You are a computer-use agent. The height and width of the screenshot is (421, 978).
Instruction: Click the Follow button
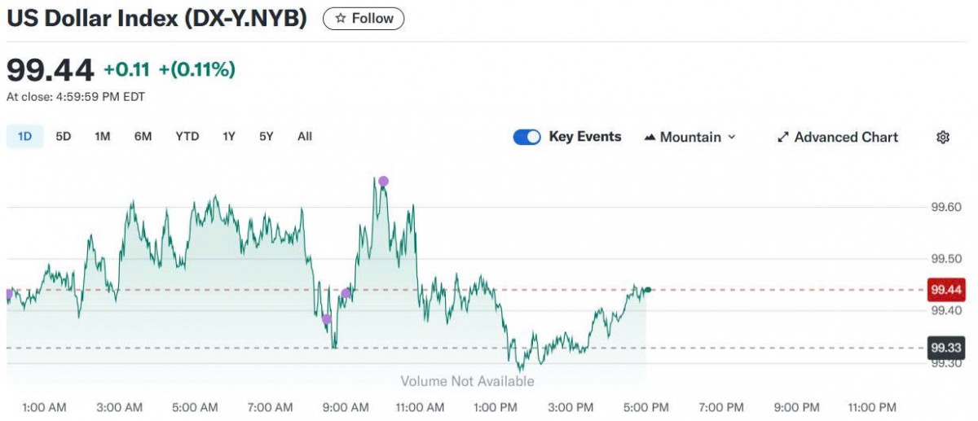click(x=363, y=18)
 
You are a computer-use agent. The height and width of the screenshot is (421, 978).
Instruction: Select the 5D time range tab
click(x=64, y=137)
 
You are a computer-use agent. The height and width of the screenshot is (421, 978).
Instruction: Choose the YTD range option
click(x=187, y=137)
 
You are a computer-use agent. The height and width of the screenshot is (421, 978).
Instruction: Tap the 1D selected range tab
click(x=24, y=137)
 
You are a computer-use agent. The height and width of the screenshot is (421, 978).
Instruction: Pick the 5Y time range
click(x=267, y=137)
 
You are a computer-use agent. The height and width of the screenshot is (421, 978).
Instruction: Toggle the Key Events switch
click(x=526, y=138)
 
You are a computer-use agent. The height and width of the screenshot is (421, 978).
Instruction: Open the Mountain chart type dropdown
click(x=689, y=138)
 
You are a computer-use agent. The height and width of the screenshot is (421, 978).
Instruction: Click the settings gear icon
click(x=943, y=138)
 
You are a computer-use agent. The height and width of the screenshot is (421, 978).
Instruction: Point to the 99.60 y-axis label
click(x=947, y=208)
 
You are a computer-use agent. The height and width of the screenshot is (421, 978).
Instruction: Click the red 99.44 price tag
click(x=947, y=290)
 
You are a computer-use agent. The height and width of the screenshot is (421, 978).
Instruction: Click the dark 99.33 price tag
click(x=947, y=349)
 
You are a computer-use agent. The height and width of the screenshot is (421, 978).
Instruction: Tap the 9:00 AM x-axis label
click(x=346, y=407)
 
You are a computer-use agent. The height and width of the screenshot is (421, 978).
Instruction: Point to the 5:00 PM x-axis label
click(x=646, y=407)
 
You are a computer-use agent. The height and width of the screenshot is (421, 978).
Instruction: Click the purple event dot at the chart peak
click(x=383, y=181)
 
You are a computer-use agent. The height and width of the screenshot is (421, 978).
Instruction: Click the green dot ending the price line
click(x=647, y=290)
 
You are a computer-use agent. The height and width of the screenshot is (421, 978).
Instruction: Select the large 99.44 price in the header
click(x=51, y=70)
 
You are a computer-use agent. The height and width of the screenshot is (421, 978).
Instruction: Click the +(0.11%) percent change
click(x=196, y=70)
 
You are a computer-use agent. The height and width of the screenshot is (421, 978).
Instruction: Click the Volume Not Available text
click(x=467, y=381)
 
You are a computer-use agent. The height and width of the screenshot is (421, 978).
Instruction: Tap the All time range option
click(x=304, y=137)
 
